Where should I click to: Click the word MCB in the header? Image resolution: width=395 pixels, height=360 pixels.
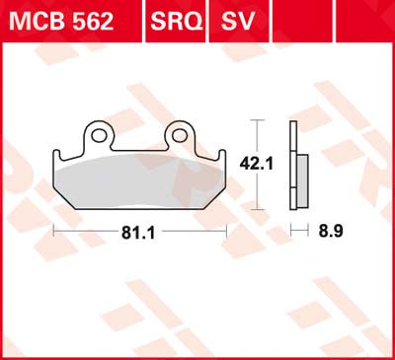pos(37,21)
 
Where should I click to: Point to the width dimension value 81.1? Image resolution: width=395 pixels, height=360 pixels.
pos(139,233)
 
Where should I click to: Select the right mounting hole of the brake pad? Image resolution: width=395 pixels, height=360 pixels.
pos(183,132)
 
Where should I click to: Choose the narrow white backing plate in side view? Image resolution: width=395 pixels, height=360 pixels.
pos(294,163)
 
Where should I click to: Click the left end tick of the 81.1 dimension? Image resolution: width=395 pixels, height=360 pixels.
pos(51,233)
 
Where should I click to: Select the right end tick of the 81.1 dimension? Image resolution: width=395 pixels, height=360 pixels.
pos(228,233)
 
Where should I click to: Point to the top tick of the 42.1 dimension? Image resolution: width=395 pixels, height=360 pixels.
pos(258,120)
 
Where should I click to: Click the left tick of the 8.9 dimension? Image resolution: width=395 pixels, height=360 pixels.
pos(291,233)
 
